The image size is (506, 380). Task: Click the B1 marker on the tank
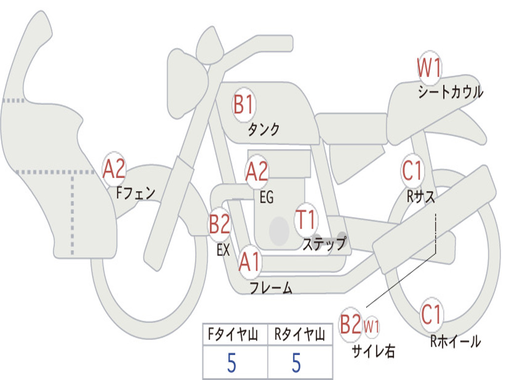coord(244,105)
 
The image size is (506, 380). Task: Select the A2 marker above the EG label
coord(256,172)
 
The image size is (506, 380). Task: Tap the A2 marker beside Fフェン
coord(114,169)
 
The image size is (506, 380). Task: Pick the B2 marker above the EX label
coord(219,224)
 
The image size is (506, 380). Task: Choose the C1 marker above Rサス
coord(413,171)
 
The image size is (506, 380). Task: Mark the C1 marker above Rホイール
coord(432,314)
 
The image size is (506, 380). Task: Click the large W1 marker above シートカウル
coord(428,68)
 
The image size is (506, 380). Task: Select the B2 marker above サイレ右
coord(351,325)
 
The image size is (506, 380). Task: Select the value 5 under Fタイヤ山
coord(232,363)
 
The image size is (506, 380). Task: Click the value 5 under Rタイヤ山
coord(296,363)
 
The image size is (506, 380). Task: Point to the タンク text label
coord(264,130)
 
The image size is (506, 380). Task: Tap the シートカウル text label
coord(450,93)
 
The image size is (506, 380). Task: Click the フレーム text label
coord(271,287)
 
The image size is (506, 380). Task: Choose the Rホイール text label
coord(455,341)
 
